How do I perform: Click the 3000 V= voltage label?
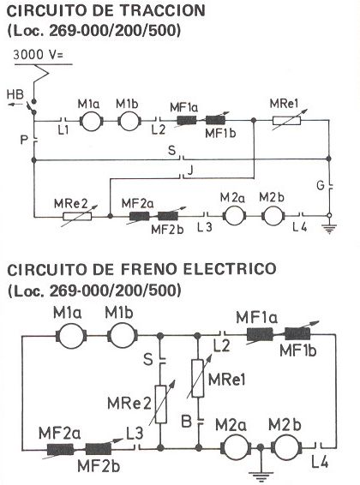click(38, 55)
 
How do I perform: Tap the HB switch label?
click(15, 94)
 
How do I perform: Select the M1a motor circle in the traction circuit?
click(92, 121)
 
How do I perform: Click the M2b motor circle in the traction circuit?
click(273, 215)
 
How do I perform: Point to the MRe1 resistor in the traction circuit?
click(286, 120)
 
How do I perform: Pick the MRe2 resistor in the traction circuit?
click(77, 216)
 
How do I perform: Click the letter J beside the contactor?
click(190, 170)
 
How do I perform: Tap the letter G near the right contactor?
click(321, 185)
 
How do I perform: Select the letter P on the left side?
click(24, 141)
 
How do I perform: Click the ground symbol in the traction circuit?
click(329, 229)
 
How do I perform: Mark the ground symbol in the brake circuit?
click(261, 476)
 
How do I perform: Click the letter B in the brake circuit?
click(187, 421)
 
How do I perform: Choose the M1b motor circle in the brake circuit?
click(123, 335)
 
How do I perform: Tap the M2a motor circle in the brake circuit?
click(236, 446)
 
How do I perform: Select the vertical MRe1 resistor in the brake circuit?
click(198, 378)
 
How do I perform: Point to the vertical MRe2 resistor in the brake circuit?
click(161, 404)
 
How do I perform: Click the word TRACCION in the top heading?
click(162, 11)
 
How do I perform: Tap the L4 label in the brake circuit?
click(320, 463)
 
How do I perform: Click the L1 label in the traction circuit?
click(63, 131)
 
